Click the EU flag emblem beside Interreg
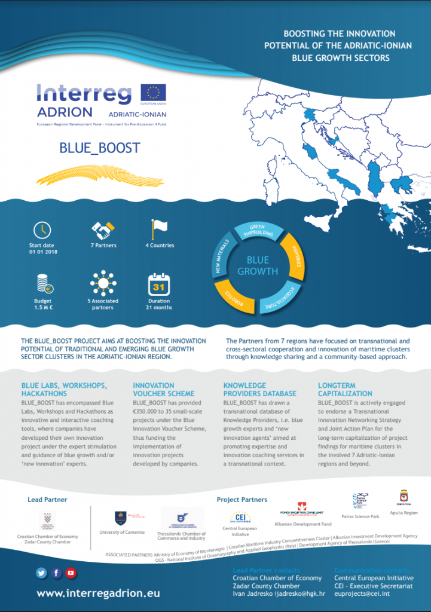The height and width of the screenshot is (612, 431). tap(153, 93)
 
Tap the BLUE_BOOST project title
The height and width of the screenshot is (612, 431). tap(100, 148)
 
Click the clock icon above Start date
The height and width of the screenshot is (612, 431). tap(42, 229)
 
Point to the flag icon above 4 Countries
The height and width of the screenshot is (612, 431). tap(159, 228)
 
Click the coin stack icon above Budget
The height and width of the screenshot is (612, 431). tap(42, 283)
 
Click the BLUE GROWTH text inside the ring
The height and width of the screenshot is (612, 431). tap(258, 266)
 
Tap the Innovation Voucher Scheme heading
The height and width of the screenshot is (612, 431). tap(163, 390)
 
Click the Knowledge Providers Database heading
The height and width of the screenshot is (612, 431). tap(259, 390)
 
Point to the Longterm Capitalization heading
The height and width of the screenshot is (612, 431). tap(345, 390)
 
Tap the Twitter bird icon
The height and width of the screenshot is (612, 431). tap(41, 573)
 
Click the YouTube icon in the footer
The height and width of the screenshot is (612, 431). tap(71, 573)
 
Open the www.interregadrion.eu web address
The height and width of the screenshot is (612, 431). tap(98, 593)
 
